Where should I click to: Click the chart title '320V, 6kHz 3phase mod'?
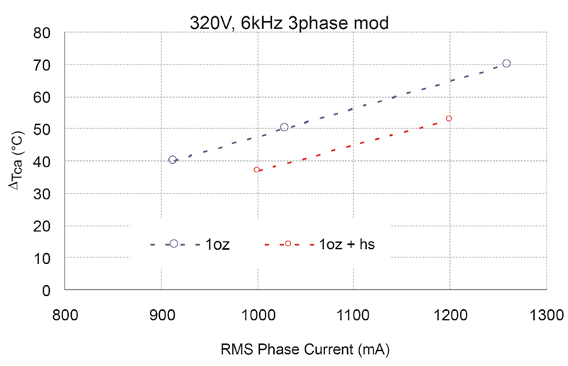tap(289, 22)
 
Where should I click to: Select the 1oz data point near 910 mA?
tap(173, 160)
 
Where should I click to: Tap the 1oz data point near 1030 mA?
tap(284, 127)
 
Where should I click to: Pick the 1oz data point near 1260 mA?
tap(506, 63)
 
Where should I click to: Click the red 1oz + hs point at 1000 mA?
tap(257, 170)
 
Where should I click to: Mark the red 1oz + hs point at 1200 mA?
tap(449, 118)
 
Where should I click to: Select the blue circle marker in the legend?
tap(174, 243)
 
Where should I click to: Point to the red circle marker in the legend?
tap(288, 243)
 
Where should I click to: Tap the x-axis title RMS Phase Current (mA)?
tap(304, 350)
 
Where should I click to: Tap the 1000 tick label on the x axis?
tap(257, 312)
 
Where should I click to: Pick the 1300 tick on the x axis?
tap(546, 312)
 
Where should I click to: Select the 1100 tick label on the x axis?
tap(353, 312)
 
